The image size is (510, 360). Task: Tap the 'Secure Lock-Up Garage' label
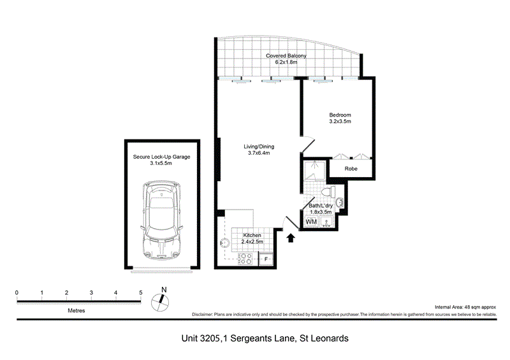tap(162, 156)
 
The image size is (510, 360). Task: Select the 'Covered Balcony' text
tap(286, 56)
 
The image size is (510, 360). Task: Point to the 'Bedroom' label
tap(340, 115)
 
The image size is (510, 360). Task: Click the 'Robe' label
tap(351, 169)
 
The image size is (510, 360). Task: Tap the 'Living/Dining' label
tap(258, 147)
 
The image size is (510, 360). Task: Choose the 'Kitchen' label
tap(252, 235)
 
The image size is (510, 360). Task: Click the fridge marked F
tap(266, 259)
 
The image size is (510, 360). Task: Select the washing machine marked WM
tap(311, 222)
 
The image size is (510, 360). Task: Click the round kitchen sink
tap(224, 242)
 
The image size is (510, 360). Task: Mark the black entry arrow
tap(291, 238)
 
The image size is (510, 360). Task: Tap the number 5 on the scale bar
tap(140, 293)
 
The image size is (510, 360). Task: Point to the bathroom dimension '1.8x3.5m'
tap(323, 212)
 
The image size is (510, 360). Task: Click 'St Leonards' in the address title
tap(324, 339)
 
